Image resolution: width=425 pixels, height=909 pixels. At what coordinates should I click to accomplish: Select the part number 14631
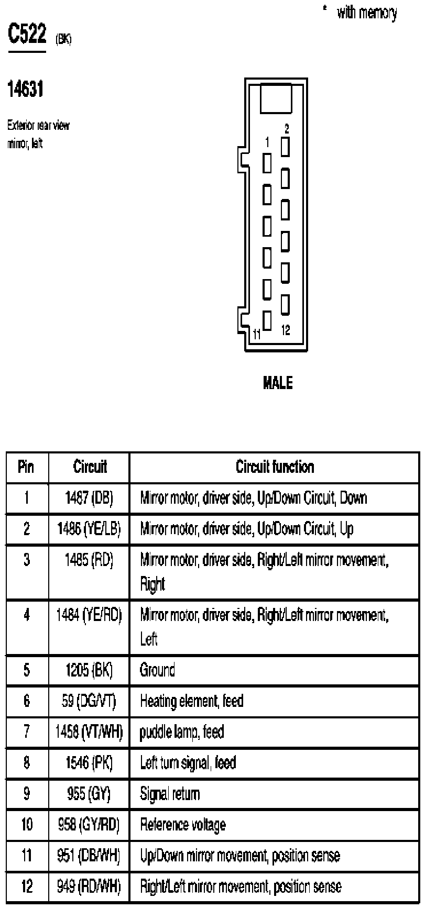[x=25, y=90]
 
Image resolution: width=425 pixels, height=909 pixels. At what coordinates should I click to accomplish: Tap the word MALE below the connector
[x=278, y=383]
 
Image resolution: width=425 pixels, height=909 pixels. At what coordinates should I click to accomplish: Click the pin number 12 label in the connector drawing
[x=286, y=330]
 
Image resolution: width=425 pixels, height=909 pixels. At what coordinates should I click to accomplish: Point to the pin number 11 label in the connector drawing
[x=256, y=334]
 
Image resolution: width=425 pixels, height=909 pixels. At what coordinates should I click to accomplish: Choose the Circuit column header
[x=90, y=467]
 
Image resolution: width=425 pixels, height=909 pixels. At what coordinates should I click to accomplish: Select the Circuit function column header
[x=275, y=467]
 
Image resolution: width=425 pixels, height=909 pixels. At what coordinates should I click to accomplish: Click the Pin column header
[x=26, y=467]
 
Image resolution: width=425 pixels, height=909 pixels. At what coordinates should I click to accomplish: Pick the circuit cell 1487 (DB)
[x=90, y=497]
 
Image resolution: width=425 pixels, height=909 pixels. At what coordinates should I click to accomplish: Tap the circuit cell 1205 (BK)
[x=90, y=670]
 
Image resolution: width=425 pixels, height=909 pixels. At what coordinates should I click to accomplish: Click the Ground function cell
[x=157, y=670]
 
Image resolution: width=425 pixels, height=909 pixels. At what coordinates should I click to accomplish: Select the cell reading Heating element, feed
[x=191, y=701]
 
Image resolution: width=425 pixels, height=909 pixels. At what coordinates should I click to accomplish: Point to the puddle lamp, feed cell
[x=182, y=731]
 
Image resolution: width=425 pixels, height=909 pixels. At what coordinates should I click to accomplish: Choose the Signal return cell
[x=170, y=794]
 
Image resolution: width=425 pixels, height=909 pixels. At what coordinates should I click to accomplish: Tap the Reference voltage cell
[x=183, y=825]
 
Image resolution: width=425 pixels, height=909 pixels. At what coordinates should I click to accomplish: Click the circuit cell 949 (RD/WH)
[x=90, y=886]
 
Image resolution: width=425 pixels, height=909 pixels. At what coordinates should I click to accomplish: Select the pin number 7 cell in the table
[x=26, y=731]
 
